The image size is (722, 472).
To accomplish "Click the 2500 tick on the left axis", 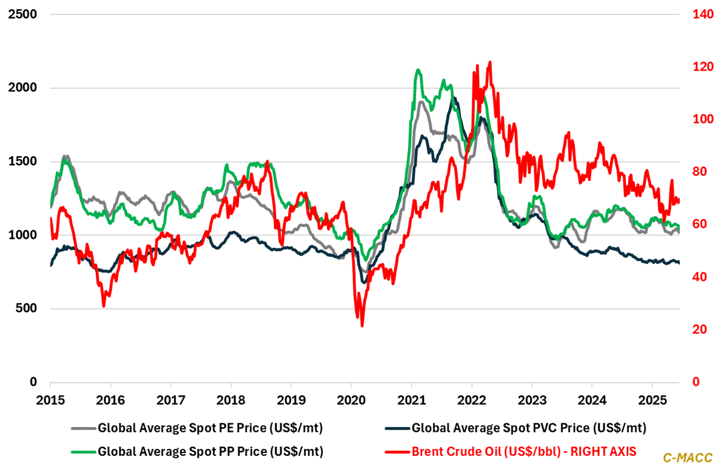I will click(21, 14).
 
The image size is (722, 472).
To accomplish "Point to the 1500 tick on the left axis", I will click(21, 161).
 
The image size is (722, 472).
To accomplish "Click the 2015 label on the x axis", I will click(50, 399).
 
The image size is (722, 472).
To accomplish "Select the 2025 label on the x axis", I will click(651, 399).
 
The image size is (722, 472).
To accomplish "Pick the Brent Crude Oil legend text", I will click(524, 452).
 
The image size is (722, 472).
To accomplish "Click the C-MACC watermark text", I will click(688, 458).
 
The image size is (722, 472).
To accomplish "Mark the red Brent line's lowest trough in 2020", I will click(362, 326).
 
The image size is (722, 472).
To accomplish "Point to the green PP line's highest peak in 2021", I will click(418, 71).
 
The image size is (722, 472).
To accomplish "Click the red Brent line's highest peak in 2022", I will click(490, 62).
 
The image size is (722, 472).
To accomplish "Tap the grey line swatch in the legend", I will click(83, 428).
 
